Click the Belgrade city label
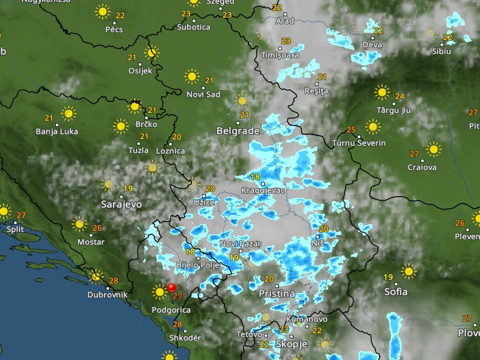[238, 131]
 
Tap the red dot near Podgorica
[172, 287]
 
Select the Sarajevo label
[122, 204]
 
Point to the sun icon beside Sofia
[409, 271]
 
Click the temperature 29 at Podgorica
[177, 296]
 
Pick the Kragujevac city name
[263, 190]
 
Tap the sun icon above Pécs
[102, 12]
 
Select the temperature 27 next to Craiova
[414, 154]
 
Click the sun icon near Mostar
[80, 225]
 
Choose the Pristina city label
[276, 293]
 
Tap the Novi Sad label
[204, 94]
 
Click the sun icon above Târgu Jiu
[382, 92]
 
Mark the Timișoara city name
[280, 55]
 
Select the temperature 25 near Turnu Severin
[351, 130]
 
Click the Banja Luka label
[57, 131]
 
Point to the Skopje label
[292, 344]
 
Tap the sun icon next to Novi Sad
[192, 76]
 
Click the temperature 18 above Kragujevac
[255, 177]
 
